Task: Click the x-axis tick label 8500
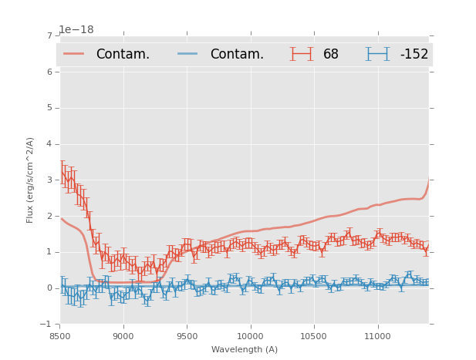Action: [60, 336]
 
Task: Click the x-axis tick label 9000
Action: [123, 336]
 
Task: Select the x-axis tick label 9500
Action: [187, 336]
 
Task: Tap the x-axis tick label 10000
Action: [250, 336]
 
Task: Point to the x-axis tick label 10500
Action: [314, 336]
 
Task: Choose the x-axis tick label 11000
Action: [377, 336]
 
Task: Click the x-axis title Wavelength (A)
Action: [244, 350]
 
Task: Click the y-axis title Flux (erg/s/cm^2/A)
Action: [31, 180]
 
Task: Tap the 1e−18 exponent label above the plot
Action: [76, 30]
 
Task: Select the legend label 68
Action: [331, 54]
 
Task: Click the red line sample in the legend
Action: [74, 54]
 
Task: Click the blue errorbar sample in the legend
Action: [377, 54]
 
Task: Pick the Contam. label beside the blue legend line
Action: [237, 54]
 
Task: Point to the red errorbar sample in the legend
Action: [302, 54]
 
